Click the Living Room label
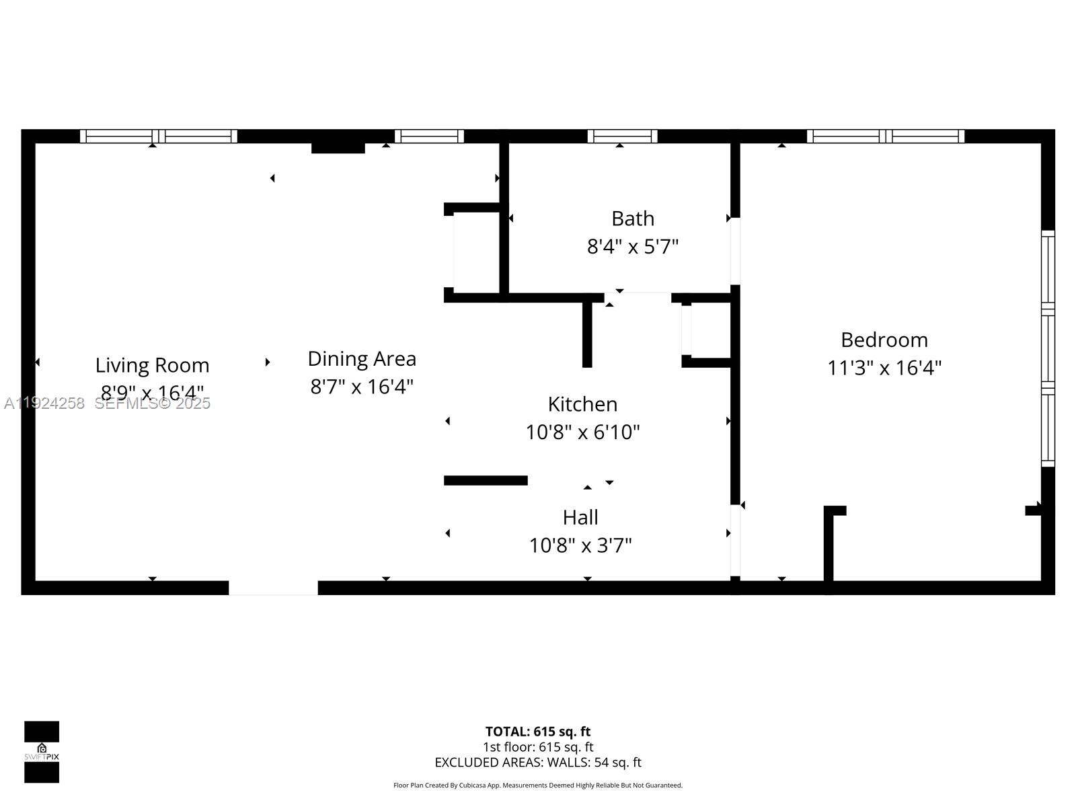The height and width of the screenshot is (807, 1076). pos(152,365)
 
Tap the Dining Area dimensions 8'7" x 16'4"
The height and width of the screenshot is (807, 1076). pos(362,387)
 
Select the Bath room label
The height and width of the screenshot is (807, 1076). pos(632,219)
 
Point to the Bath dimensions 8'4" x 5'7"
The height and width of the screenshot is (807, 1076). pos(632,247)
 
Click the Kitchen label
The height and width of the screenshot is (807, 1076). pos(582,404)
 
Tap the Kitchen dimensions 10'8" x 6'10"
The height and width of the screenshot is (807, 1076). pos(582,432)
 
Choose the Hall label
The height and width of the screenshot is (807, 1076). pos(580,517)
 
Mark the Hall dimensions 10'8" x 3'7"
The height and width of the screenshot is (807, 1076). pos(580,545)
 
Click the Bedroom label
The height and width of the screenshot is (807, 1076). pos(884,340)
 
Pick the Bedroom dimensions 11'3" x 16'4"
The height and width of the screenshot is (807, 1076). pos(884,368)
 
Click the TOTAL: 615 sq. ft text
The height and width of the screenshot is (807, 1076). pos(537,731)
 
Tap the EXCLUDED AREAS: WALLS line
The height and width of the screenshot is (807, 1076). pos(537,762)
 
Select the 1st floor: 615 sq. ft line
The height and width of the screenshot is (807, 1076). pos(537,746)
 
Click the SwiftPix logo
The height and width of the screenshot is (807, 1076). pos(42,752)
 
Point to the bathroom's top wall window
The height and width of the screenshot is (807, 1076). pos(622,136)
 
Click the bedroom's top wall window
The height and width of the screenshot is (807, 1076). pos(885,136)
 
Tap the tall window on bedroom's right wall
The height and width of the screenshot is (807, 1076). pos(1048,348)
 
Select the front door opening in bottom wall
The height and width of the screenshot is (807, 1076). pos(273,588)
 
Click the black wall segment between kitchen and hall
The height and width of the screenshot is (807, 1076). pos(486,480)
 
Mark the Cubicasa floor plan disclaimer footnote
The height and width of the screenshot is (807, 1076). pos(537,785)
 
